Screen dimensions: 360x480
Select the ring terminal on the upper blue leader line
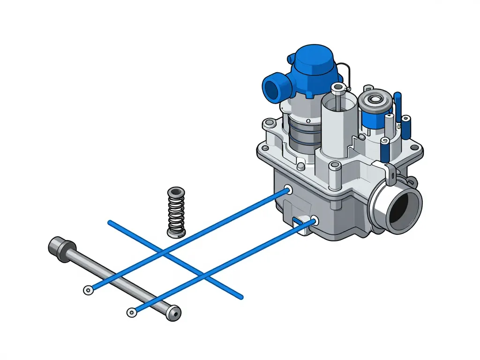coord(88,290)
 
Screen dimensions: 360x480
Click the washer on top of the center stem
coord(338,88)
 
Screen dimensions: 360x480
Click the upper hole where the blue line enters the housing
coord(287,190)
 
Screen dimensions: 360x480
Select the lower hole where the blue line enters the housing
coord(314,220)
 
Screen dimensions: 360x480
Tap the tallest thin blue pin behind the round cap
coord(398,108)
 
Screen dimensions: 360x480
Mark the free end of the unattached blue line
coord(110,222)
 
